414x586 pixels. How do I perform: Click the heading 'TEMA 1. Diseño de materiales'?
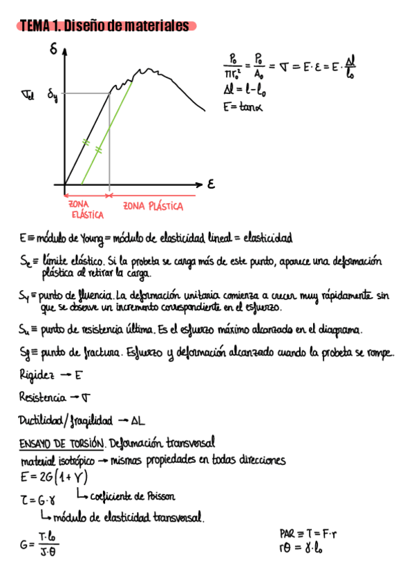coord(105,26)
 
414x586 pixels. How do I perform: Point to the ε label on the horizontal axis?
coord(211,185)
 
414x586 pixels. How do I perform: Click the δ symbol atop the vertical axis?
coord(53,49)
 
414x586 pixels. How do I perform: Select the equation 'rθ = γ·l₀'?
coord(302,549)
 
